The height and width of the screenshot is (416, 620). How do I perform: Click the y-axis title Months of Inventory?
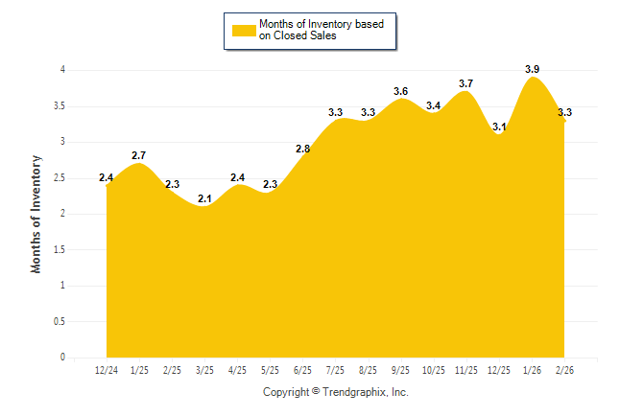pyautogui.click(x=36, y=214)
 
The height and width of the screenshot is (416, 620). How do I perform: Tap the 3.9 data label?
pyautogui.click(x=533, y=69)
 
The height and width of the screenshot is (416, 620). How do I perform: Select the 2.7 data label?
pyautogui.click(x=138, y=155)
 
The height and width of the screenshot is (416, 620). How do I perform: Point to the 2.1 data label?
pyautogui.click(x=203, y=198)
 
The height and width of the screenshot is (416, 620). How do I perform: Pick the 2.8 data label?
pyautogui.click(x=302, y=149)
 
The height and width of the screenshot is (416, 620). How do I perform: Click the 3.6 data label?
pyautogui.click(x=400, y=91)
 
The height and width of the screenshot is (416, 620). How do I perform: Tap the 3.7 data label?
pyautogui.click(x=465, y=84)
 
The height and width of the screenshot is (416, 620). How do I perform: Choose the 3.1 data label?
pyautogui.click(x=499, y=127)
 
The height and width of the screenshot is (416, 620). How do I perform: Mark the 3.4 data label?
pyautogui.click(x=433, y=105)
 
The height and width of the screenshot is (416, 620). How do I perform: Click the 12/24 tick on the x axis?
pyautogui.click(x=106, y=370)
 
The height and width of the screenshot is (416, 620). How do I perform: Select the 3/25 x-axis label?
pyautogui.click(x=203, y=370)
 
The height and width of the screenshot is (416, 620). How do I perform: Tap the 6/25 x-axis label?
pyautogui.click(x=301, y=370)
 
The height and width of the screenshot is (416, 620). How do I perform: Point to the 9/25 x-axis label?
pyautogui.click(x=400, y=370)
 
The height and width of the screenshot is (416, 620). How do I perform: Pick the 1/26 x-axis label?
pyautogui.click(x=531, y=370)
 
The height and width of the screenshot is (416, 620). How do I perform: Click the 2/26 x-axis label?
pyautogui.click(x=564, y=370)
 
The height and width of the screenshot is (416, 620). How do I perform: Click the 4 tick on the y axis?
pyautogui.click(x=62, y=70)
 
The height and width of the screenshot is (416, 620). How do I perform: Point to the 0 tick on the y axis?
pyautogui.click(x=62, y=358)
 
